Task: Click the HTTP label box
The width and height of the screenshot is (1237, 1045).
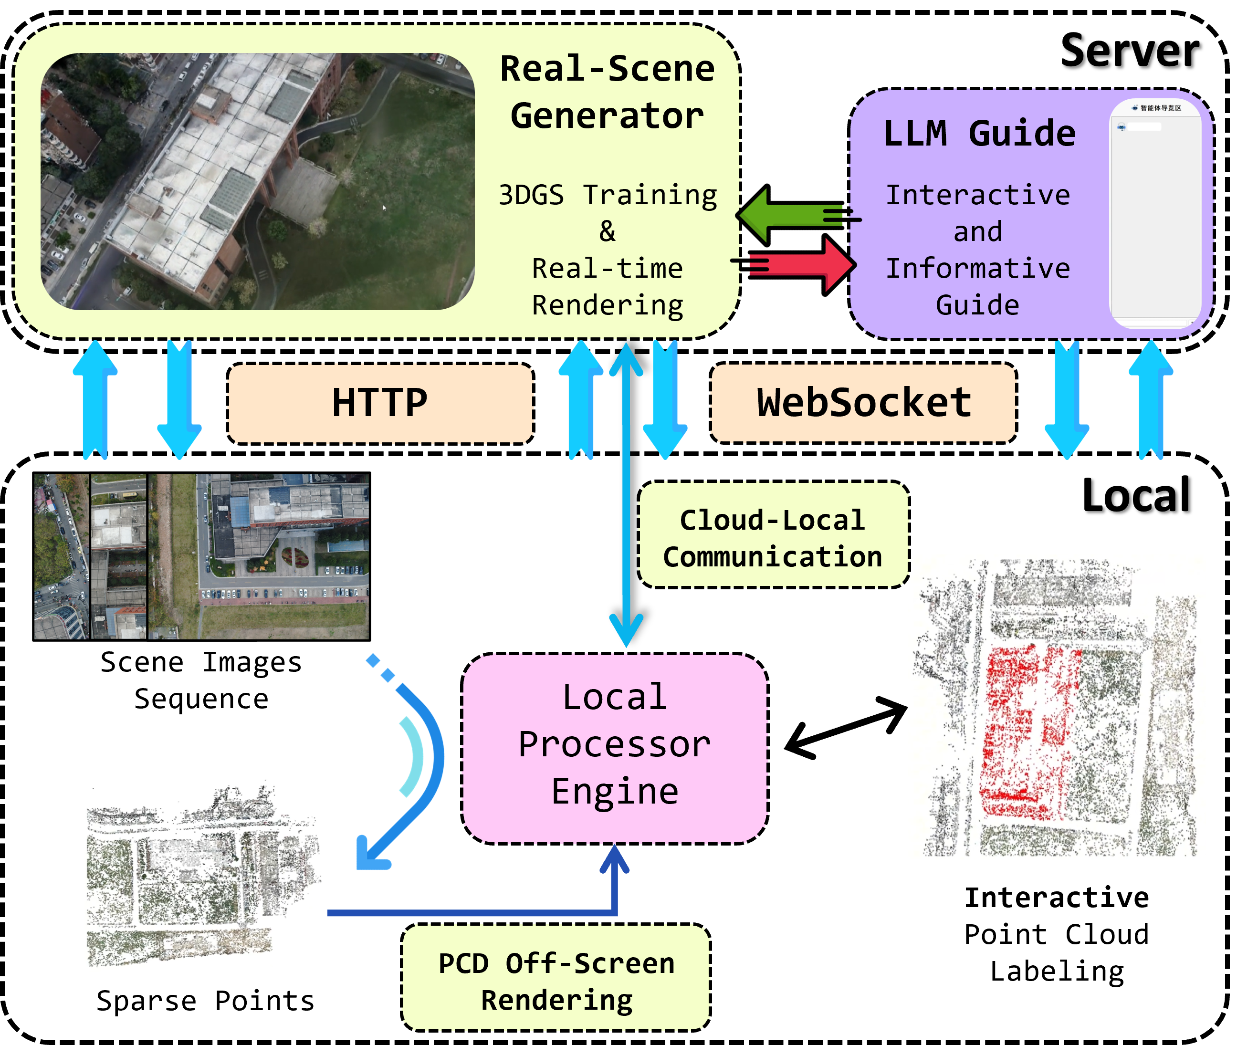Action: [x=380, y=403]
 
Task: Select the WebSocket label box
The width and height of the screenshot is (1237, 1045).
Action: [x=863, y=403]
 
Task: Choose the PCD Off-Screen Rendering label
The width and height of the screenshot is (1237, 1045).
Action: [x=556, y=981]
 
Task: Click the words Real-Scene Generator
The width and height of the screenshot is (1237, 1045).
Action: [x=607, y=92]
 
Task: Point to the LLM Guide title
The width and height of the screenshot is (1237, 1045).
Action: [x=979, y=133]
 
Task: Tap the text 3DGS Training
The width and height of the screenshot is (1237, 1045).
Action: [x=607, y=196]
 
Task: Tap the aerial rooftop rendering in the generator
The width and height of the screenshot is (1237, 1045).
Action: [x=257, y=181]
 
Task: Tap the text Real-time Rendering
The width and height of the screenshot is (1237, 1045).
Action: [x=607, y=287]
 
